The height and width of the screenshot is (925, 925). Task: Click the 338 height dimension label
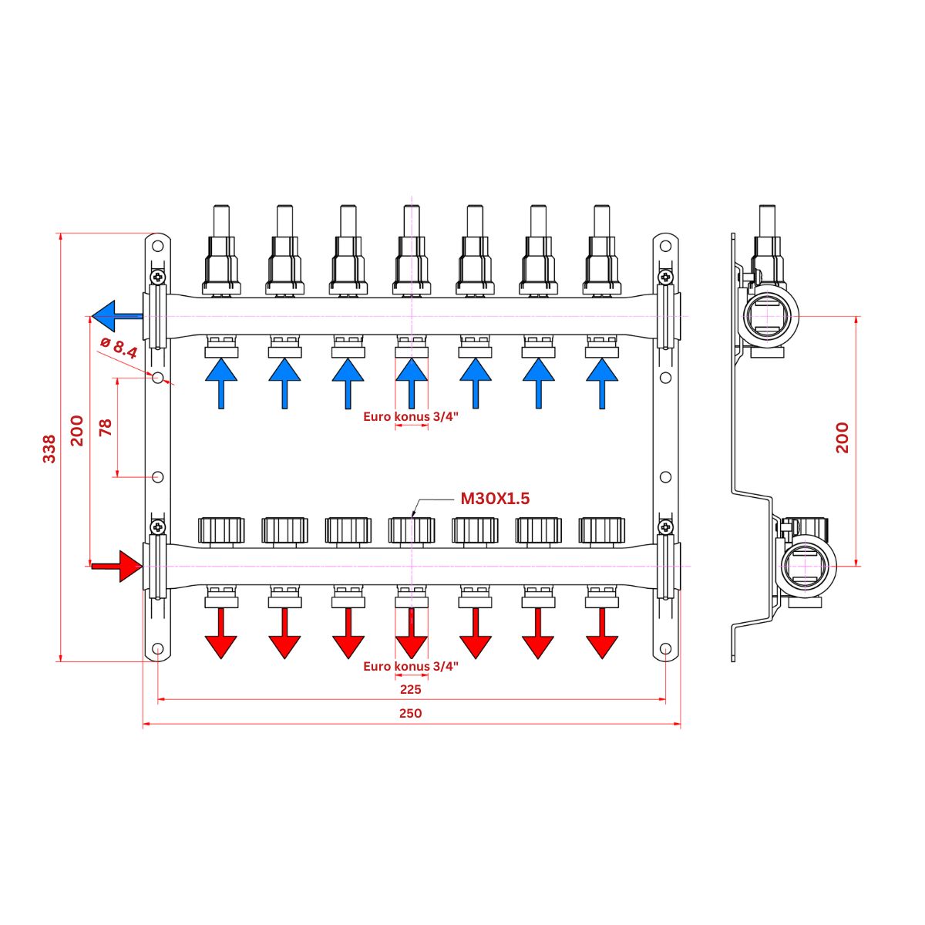pyautogui.click(x=49, y=449)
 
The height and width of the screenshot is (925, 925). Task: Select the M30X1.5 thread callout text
pyautogui.click(x=495, y=499)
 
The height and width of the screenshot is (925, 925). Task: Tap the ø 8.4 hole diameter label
pyautogui.click(x=119, y=348)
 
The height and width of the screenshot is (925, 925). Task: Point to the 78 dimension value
pyautogui.click(x=106, y=428)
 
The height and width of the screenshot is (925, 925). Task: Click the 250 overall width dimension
pyautogui.click(x=411, y=713)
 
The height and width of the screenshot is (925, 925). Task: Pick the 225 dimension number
pyautogui.click(x=411, y=689)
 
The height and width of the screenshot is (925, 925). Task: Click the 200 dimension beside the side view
pyautogui.click(x=842, y=437)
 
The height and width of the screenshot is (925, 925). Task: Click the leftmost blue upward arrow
pyautogui.click(x=222, y=381)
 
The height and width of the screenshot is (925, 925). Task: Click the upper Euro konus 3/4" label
pyautogui.click(x=411, y=416)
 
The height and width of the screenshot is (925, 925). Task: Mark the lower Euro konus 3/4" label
pyautogui.click(x=411, y=666)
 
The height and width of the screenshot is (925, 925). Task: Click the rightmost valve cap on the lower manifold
pyautogui.click(x=602, y=530)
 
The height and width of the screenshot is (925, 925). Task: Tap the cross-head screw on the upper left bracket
pyautogui.click(x=158, y=276)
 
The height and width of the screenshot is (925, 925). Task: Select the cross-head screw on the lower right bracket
pyautogui.click(x=664, y=527)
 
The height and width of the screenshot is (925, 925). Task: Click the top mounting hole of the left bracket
pyautogui.click(x=157, y=247)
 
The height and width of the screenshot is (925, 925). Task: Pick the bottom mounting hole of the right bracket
pyautogui.click(x=664, y=650)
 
